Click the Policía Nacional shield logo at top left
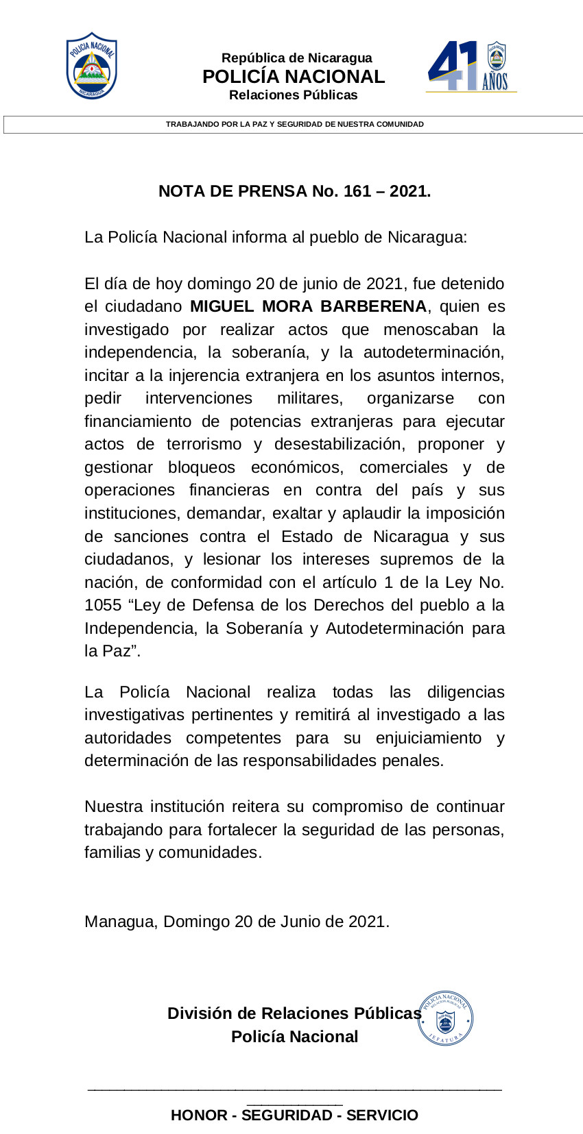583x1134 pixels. (x=91, y=66)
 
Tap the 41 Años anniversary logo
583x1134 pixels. (x=471, y=66)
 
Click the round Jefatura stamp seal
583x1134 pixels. (x=445, y=1018)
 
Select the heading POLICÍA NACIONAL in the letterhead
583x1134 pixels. (x=294, y=77)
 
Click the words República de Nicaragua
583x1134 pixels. (x=296, y=58)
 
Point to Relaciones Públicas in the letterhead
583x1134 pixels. (x=293, y=95)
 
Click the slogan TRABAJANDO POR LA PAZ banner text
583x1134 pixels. (x=294, y=125)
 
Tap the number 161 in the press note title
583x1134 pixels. (x=357, y=191)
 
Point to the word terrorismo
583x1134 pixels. (x=204, y=444)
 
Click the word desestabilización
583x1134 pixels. (x=337, y=444)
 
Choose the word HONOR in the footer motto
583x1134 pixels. (x=199, y=1115)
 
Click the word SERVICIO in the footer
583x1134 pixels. (x=382, y=1115)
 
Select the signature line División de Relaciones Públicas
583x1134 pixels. (x=294, y=1013)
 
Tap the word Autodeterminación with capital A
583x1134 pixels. (x=394, y=628)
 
